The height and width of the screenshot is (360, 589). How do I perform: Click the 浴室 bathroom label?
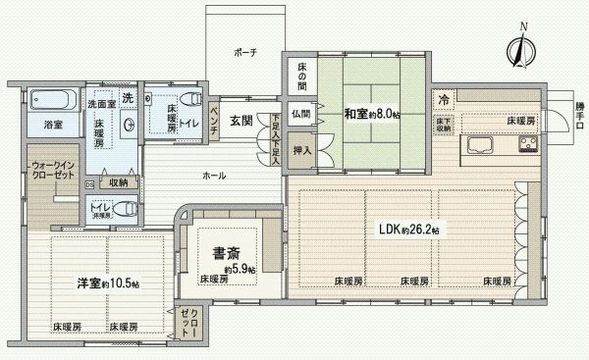[x=52, y=126]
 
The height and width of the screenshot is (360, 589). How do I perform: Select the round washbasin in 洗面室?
[x=131, y=125]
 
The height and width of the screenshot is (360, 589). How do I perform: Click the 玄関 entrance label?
[x=241, y=122]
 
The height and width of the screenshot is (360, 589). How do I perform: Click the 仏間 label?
[x=300, y=114]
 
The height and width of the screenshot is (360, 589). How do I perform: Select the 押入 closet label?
[x=302, y=151]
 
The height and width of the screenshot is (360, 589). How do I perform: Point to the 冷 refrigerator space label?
[x=445, y=99]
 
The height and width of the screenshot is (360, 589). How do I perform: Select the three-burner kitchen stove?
[x=528, y=146]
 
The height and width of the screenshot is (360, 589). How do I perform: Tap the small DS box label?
[x=88, y=182]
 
